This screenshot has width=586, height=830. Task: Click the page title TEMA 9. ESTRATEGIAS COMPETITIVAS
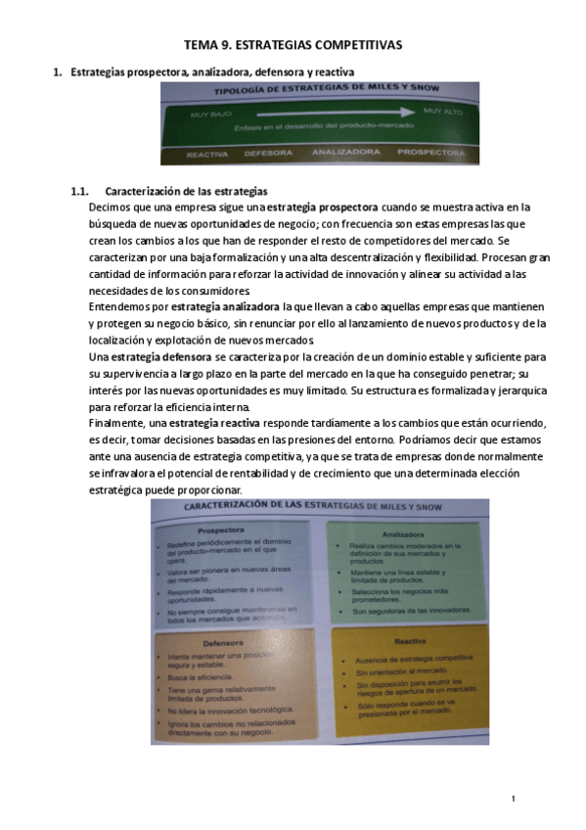pos(293,46)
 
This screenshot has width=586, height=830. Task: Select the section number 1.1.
pos(80,191)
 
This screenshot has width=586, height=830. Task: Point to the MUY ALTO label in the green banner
pos(443,112)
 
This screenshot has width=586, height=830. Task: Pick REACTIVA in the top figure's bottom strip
pos(206,154)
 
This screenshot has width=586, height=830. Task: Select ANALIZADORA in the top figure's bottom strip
pos(345,153)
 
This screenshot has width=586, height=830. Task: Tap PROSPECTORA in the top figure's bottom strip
pos(430,153)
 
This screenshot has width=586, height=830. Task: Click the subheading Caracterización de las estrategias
pos(186,191)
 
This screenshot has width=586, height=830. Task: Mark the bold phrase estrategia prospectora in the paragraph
pos(322,207)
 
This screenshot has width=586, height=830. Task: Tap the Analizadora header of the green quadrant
pos(403,534)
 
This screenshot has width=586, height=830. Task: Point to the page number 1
pos(513,800)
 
